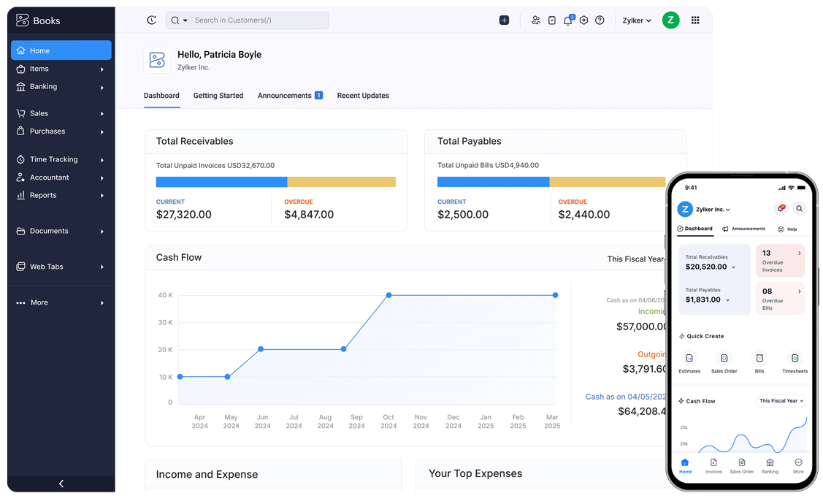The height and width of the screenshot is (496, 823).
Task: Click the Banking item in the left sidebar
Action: coord(44,86)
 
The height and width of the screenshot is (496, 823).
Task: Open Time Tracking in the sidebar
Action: coord(53,159)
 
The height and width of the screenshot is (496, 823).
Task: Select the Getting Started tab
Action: coord(218,96)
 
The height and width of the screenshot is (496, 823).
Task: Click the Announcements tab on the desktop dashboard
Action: coord(285,96)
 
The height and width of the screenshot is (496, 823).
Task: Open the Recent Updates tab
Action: coord(363,96)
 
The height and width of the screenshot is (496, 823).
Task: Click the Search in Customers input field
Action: coord(256,20)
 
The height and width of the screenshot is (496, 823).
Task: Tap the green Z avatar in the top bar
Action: coord(670,20)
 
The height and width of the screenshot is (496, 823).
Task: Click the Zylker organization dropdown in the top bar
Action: coord(637,20)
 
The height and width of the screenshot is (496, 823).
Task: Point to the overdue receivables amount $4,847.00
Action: coord(309,215)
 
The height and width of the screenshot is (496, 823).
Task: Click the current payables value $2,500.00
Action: coord(462,215)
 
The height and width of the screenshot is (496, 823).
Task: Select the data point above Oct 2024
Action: coord(388,295)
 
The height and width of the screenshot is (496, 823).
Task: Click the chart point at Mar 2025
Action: coord(555,295)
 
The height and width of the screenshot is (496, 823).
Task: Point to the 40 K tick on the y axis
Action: coord(165,295)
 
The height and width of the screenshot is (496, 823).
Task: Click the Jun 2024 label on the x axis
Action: coord(262,421)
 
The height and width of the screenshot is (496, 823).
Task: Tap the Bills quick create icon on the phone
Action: coord(759,358)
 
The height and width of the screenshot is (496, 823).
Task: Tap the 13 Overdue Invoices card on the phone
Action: coord(780,261)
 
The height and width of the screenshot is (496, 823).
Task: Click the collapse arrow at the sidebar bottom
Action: coord(61,484)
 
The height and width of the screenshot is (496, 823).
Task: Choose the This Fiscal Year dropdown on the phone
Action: coord(781,401)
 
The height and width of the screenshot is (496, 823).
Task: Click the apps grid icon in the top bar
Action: coord(695,20)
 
